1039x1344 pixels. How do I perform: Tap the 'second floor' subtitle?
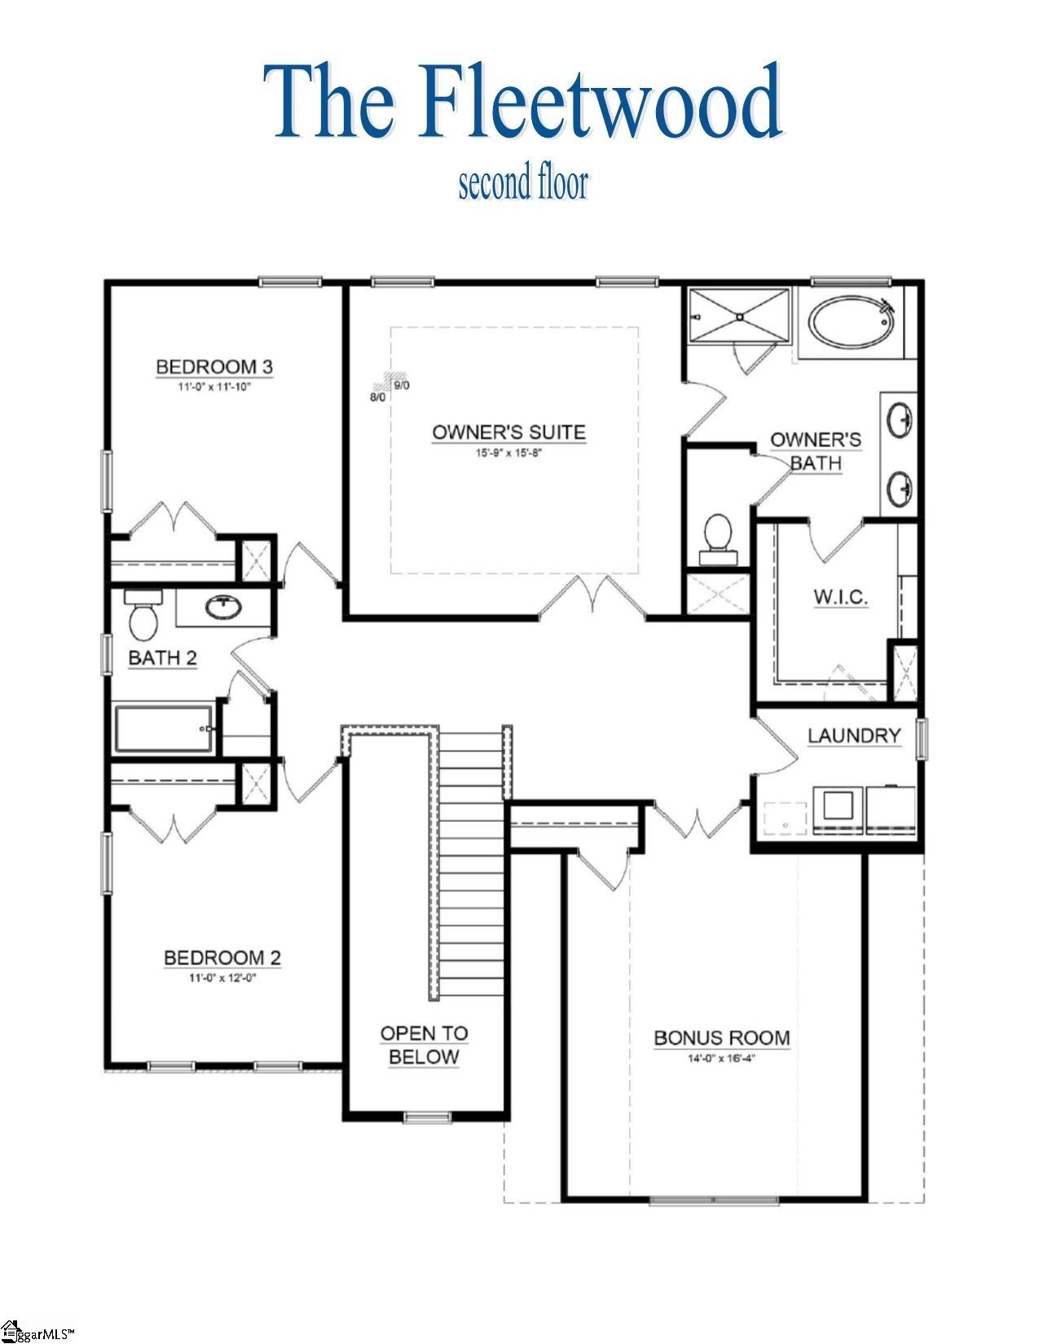point(522,184)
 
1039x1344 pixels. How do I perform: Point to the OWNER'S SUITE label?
point(508,432)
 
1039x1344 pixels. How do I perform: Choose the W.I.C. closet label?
point(840,597)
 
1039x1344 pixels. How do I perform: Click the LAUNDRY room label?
point(854,736)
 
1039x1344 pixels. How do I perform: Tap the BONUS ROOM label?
point(721,1038)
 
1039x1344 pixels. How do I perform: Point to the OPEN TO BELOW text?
point(424,1045)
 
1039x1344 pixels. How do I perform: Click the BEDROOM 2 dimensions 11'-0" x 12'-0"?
point(222,976)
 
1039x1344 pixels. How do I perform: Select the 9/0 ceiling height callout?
point(402,385)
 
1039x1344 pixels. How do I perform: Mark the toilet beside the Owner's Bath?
point(718,535)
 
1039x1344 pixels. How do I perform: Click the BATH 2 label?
point(163,657)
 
